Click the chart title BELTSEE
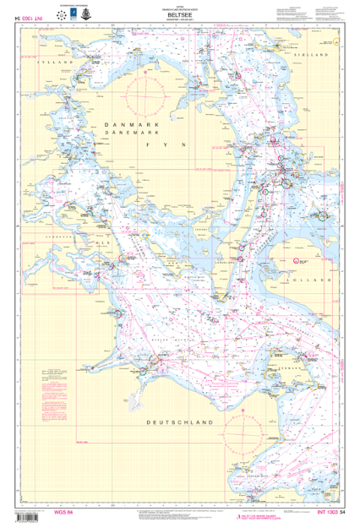[x=180, y=13]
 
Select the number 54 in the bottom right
[x=343, y=514]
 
